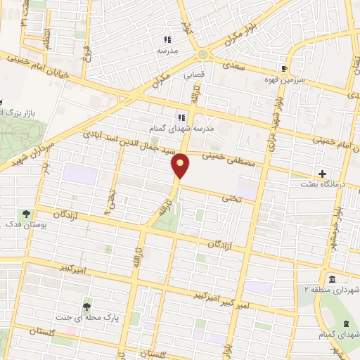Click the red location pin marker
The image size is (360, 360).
(x=181, y=166)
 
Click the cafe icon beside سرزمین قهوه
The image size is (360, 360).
(x=284, y=69)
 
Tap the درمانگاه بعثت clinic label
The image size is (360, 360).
(x=334, y=184)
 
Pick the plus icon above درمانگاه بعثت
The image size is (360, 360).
(x=322, y=173)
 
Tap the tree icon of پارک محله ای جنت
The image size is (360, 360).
(x=87, y=307)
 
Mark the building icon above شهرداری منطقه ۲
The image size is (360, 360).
(x=331, y=278)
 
